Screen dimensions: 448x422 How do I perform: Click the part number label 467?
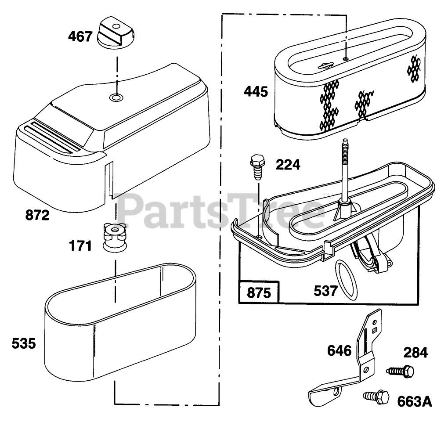(80, 36)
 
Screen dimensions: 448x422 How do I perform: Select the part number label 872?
(38, 216)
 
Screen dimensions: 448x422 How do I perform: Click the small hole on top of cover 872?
(116, 97)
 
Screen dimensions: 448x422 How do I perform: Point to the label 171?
(80, 246)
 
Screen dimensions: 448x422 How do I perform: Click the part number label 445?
(256, 92)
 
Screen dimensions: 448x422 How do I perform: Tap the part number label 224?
(288, 165)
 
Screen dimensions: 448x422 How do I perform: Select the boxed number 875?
(259, 293)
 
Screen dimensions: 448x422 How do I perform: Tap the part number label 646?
(339, 351)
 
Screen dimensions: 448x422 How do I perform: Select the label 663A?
(415, 401)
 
